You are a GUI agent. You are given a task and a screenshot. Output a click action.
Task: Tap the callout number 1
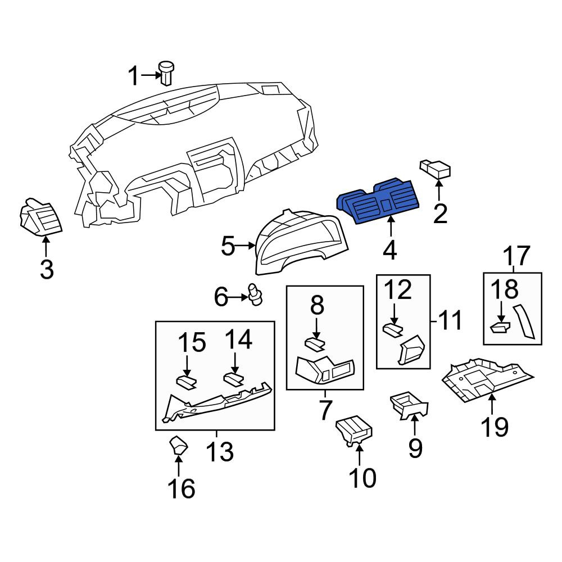pos(133,76)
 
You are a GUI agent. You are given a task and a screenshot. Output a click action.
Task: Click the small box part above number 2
pos(435,169)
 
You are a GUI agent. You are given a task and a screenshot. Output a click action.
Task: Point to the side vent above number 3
pos(40,218)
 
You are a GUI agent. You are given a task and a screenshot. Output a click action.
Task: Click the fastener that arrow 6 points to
pos(255,294)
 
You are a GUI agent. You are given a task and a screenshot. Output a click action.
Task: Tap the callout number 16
pos(182,488)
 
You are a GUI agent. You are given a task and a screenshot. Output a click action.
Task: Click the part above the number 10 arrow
pos(353,431)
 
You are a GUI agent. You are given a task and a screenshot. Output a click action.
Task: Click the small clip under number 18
pos(500,327)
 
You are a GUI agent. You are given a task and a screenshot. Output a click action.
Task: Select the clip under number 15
pos(187,382)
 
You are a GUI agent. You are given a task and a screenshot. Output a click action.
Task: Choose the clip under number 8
pos(315,344)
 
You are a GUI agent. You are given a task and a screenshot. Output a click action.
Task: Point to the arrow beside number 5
pos(246,246)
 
